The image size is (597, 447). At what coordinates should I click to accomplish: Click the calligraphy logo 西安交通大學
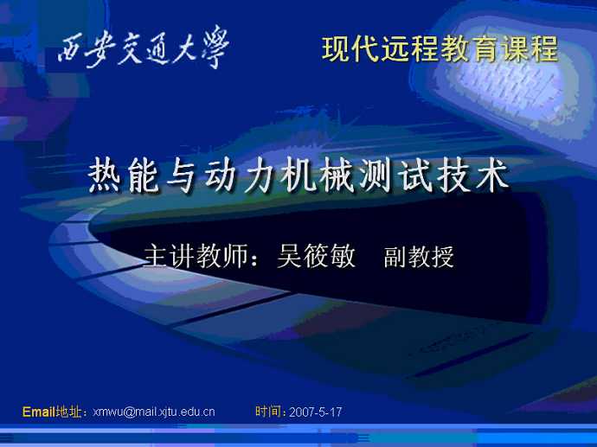[144, 48]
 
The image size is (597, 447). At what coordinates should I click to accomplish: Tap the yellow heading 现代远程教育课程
[440, 49]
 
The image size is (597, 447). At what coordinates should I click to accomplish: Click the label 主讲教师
[196, 256]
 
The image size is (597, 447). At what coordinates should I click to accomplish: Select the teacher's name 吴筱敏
[316, 256]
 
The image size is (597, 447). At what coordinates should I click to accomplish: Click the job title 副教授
[419, 257]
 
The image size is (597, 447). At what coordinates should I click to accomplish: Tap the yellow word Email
[38, 412]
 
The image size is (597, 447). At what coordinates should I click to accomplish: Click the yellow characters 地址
[68, 412]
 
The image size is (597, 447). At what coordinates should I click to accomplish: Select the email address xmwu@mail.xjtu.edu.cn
[154, 412]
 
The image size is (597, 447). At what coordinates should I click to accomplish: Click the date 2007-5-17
[315, 412]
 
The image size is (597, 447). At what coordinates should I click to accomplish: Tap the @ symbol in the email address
[129, 412]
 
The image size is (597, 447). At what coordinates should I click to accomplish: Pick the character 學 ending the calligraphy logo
[216, 47]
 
